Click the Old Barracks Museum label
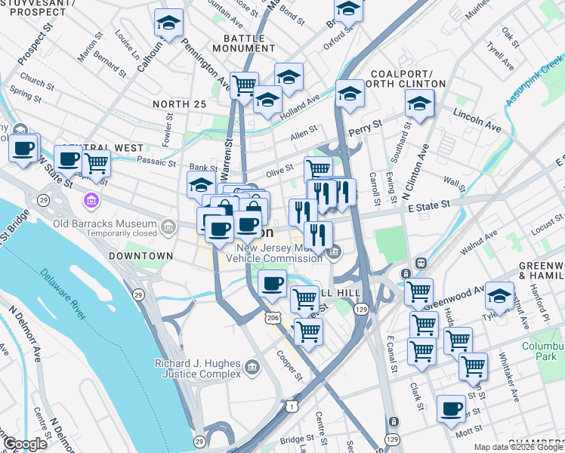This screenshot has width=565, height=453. point(105,224)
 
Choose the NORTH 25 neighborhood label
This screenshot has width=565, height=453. point(179,103)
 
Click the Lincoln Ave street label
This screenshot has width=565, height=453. point(477,116)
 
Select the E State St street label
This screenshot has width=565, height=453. point(428,204)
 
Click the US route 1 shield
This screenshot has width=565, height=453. point(291,406)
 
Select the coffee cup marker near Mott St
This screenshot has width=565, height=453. point(452,408)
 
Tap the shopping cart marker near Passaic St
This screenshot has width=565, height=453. point(96,162)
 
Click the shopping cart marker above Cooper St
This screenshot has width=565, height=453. point(308,330)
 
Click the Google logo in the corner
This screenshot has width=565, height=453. point(24,444)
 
